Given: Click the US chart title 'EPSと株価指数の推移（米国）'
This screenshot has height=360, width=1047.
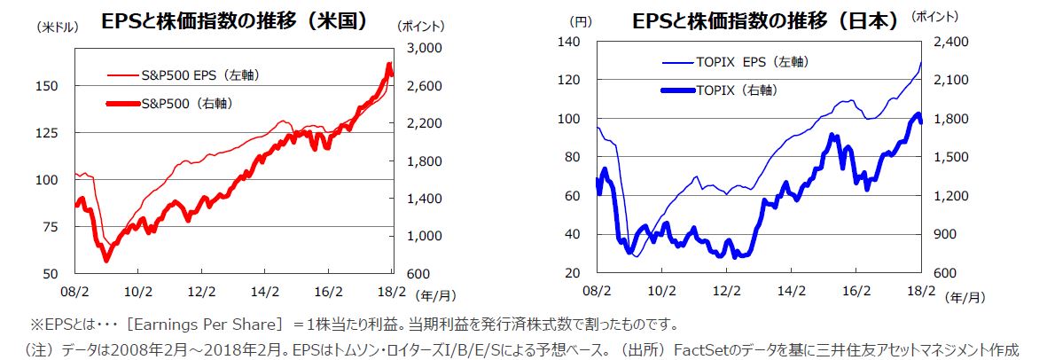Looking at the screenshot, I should click(234, 20).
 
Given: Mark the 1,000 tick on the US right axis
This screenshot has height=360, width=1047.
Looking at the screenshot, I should click(418, 236).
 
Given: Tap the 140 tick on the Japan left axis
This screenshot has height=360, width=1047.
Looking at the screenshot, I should click(570, 42).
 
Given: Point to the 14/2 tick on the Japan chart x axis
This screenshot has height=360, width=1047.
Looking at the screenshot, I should click(792, 289).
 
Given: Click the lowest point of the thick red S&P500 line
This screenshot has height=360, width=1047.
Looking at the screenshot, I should click(107, 261).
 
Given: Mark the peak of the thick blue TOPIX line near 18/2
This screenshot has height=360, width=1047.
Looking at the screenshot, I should click(918, 113).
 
